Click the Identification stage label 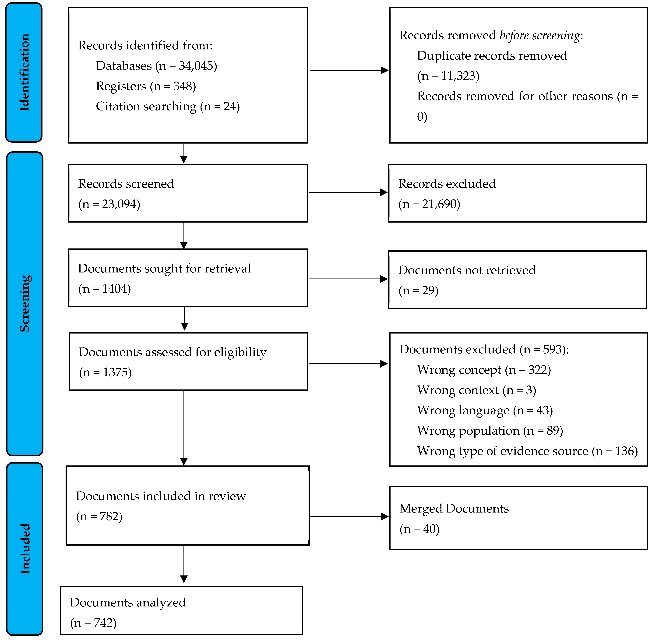coord(24,72)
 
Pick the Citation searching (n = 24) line coord(168,107)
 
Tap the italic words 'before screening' coord(540,35)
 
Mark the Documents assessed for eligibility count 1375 coord(116,372)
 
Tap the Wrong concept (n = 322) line coord(484,370)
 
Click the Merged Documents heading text coord(454,509)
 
